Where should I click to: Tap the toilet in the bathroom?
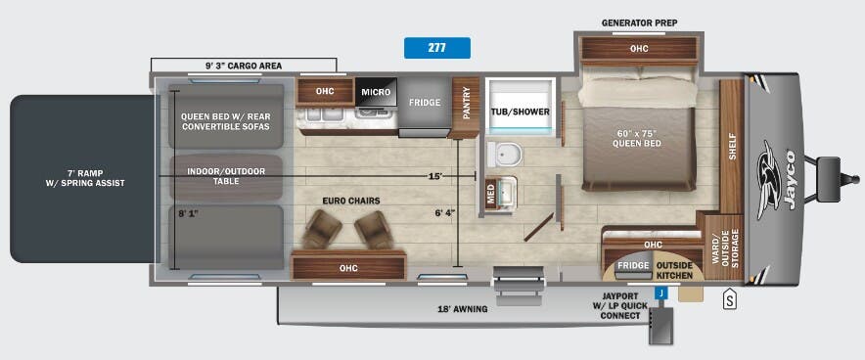coord(506,154)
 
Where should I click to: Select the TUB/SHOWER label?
coord(520,112)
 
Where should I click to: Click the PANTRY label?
coord(467,103)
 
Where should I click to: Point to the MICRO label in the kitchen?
coord(376,92)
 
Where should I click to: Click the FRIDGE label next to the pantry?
coord(424,102)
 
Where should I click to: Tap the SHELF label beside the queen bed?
coord(732,147)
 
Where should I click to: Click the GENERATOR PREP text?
coord(639,22)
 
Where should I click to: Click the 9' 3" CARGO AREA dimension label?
coord(243,66)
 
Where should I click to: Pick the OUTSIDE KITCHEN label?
coord(673,269)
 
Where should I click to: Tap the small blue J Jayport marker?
coord(661,292)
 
